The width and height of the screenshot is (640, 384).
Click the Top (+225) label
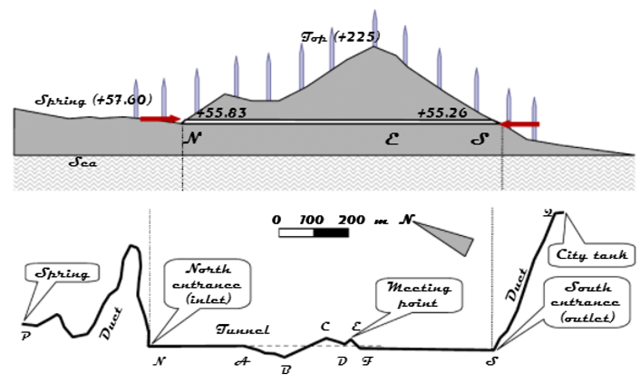pyautogui.click(x=341, y=37)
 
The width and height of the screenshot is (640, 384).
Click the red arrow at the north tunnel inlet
pyautogui.click(x=160, y=119)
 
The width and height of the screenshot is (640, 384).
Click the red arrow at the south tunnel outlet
pyautogui.click(x=520, y=123)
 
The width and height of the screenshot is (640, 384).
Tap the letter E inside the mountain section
pyautogui.click(x=392, y=139)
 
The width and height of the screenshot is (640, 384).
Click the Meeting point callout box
pyautogui.click(x=420, y=295)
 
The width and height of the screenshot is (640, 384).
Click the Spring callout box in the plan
pyautogui.click(x=63, y=272)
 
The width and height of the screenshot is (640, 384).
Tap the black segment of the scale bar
pyautogui.click(x=331, y=233)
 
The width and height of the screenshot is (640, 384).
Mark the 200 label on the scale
pyautogui.click(x=351, y=220)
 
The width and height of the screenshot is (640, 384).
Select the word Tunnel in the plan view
pyautogui.click(x=243, y=330)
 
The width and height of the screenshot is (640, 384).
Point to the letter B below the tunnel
pyautogui.click(x=286, y=369)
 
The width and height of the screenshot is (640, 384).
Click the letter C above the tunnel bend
pyautogui.click(x=325, y=326)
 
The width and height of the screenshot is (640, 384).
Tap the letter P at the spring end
pyautogui.click(x=25, y=334)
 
